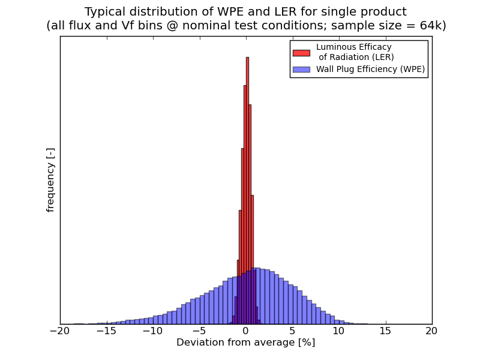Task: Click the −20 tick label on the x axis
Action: (x=59, y=331)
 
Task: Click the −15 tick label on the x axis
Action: (x=106, y=331)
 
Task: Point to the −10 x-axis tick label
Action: (x=152, y=331)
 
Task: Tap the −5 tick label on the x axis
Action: (x=199, y=331)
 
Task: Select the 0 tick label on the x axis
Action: (x=246, y=331)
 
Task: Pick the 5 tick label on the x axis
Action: (x=292, y=331)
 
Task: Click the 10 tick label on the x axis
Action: (x=339, y=331)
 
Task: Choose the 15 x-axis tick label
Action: (x=385, y=331)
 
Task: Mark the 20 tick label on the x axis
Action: (x=432, y=331)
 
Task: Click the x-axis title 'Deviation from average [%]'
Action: (x=245, y=343)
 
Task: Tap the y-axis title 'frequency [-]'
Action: (x=50, y=180)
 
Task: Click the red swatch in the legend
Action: (x=301, y=53)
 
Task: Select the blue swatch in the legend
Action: (x=301, y=70)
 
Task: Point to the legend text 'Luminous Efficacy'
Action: (x=353, y=47)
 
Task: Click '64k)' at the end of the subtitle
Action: (x=433, y=26)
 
